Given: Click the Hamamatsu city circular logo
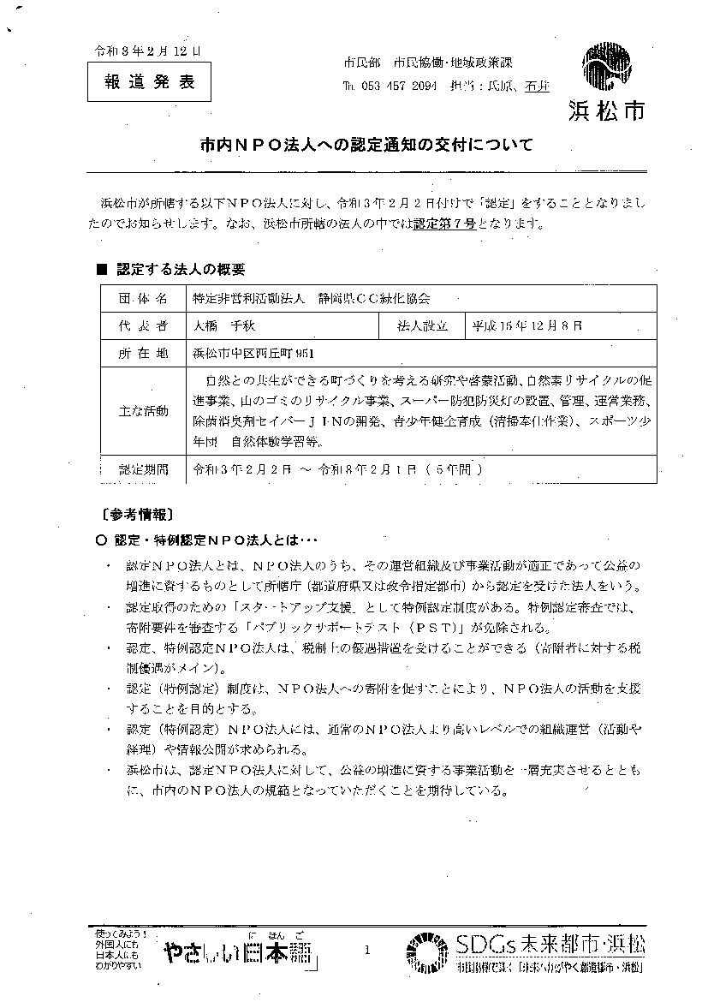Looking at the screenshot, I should tap(609, 68).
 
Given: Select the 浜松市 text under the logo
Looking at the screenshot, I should tap(606, 110).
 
